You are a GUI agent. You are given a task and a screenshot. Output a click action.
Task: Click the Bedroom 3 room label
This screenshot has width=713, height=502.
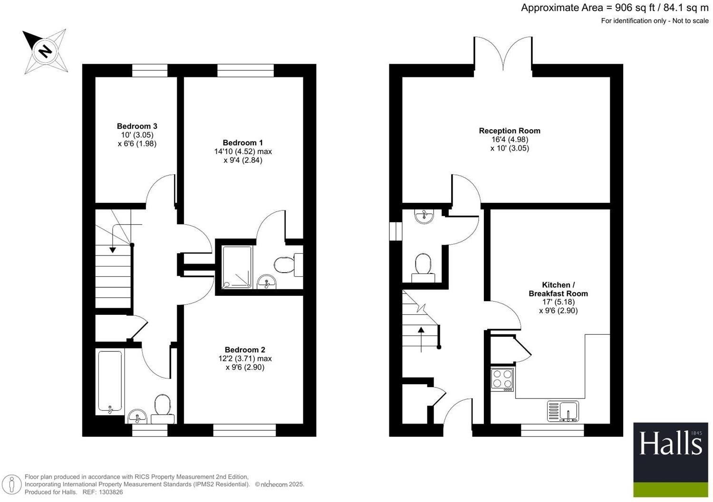click(x=137, y=126)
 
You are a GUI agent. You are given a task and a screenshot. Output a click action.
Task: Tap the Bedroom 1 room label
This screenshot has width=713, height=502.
click(x=242, y=143)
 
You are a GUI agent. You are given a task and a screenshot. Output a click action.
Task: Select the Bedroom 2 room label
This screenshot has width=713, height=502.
click(x=245, y=350)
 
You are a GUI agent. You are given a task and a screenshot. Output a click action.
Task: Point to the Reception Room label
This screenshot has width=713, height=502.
click(x=510, y=131)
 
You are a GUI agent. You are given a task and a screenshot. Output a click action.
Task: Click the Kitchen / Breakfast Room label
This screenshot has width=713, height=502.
click(x=558, y=289)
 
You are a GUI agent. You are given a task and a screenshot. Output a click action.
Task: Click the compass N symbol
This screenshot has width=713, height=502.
click(x=45, y=51)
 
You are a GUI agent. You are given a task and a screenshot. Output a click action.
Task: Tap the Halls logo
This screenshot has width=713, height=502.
click(x=670, y=444)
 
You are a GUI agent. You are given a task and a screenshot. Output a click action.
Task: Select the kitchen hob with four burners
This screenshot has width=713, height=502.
click(x=502, y=379)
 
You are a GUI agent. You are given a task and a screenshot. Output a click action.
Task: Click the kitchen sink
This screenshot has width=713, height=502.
click(x=563, y=411)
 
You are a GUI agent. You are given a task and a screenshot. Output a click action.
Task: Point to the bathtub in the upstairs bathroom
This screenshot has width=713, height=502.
click(x=110, y=381)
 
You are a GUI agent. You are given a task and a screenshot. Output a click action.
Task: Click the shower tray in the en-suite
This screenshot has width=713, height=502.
click(x=237, y=267)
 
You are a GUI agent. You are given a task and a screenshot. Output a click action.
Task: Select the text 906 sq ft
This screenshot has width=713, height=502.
click(x=636, y=8)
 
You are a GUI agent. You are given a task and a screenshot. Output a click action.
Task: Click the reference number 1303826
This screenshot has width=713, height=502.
click(x=110, y=493)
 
